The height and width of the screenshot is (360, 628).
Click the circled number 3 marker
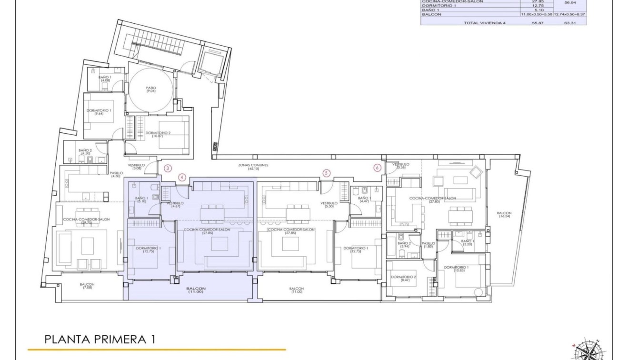pos(167,168)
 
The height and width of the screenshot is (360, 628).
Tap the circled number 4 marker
pos(181,177)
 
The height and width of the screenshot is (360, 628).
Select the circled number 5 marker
pos(326,173)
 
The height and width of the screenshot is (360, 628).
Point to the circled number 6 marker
pos(377,168)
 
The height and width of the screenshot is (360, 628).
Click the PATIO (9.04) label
pos(151,90)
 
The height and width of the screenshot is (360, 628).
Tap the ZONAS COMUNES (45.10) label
pos(253,167)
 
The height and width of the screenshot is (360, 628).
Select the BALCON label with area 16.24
pos(504,215)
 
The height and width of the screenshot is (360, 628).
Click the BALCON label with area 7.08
pos(88,286)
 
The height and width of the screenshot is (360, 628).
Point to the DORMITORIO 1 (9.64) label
pos(99,112)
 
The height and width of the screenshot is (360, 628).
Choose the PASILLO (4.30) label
pos(116,175)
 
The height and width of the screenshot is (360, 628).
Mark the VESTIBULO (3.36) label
pos(401,166)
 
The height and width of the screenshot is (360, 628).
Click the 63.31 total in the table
pos(569,22)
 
